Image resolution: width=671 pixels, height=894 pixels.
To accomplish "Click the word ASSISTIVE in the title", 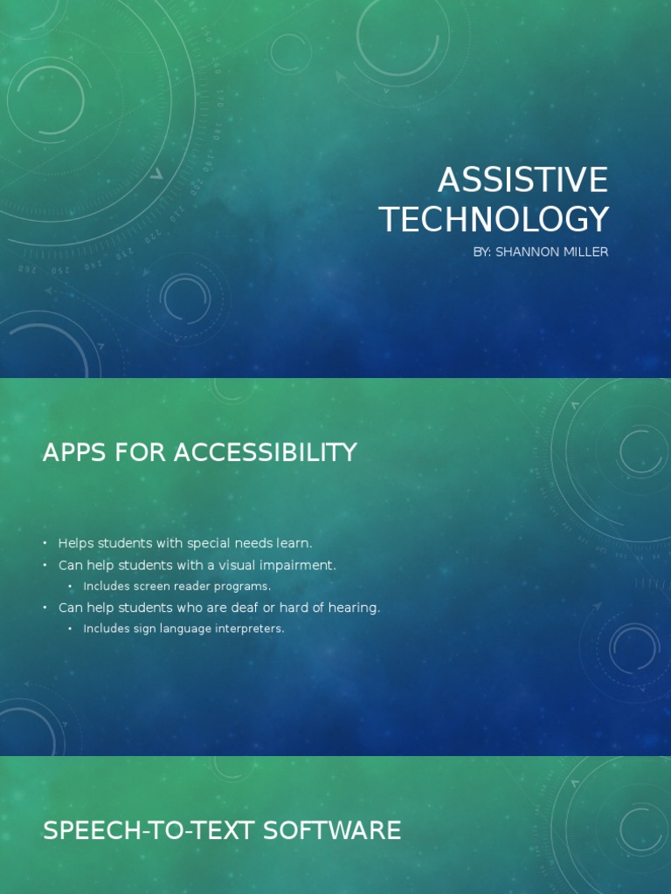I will pos(522,180).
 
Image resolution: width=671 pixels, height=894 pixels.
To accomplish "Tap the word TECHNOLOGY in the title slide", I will pos(494,219).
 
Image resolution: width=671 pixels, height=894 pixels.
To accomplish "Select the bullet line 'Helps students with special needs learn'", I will pos(184,543).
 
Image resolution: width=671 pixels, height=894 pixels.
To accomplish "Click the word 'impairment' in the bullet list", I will pos(294,566).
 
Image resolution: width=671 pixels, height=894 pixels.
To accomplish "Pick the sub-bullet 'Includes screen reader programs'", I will pos(177,586).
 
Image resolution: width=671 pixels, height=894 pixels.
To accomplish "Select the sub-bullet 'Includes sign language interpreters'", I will pos(183,629).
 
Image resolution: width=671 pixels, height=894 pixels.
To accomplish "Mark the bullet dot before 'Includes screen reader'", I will pos(71,587).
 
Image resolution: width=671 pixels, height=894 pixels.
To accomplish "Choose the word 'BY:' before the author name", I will pos(481,252).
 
